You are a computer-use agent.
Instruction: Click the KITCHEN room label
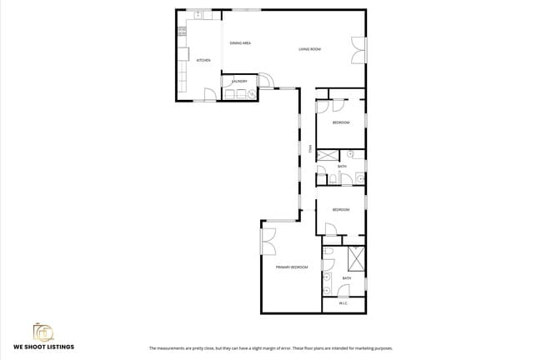pos(203,61)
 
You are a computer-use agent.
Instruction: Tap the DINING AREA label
pos(241,42)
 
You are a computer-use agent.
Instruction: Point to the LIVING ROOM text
pos(310,50)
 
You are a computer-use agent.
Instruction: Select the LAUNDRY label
pos(239,82)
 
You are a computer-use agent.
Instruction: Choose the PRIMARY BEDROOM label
pos(292,267)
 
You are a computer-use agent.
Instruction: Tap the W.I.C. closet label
pos(343,303)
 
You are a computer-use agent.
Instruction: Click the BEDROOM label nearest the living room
pos(340,123)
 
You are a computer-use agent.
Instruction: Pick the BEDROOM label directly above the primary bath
pos(340,210)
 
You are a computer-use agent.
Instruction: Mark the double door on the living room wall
pos(359,50)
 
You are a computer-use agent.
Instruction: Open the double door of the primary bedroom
pos(268,242)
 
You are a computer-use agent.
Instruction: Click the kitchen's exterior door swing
pos(208,94)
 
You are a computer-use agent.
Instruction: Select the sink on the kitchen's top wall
pos(198,15)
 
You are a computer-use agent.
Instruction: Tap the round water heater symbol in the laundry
pos(252,93)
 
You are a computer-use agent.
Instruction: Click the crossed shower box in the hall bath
pos(327,155)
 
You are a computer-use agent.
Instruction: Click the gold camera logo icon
pos(43,331)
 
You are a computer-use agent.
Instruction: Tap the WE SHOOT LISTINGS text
pos(44,347)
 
